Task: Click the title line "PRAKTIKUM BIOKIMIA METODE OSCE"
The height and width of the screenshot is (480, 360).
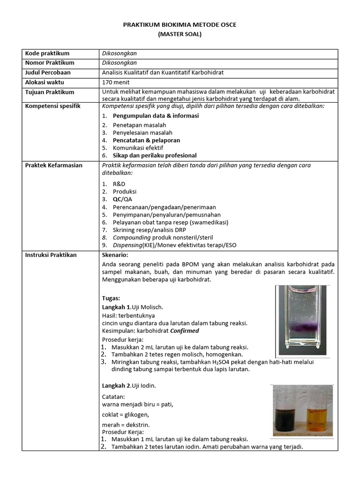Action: click(180, 24)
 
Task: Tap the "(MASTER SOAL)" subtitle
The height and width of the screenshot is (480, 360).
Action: click(180, 34)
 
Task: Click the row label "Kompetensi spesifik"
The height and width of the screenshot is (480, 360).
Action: click(52, 106)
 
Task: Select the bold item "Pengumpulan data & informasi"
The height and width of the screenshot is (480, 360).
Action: click(156, 116)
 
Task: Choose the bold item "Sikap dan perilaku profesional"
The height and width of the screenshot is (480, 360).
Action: click(155, 156)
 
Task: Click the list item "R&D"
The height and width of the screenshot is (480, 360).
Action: click(119, 184)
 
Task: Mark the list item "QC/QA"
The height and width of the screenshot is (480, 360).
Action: click(122, 199)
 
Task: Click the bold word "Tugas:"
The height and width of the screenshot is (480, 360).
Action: click(111, 298)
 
